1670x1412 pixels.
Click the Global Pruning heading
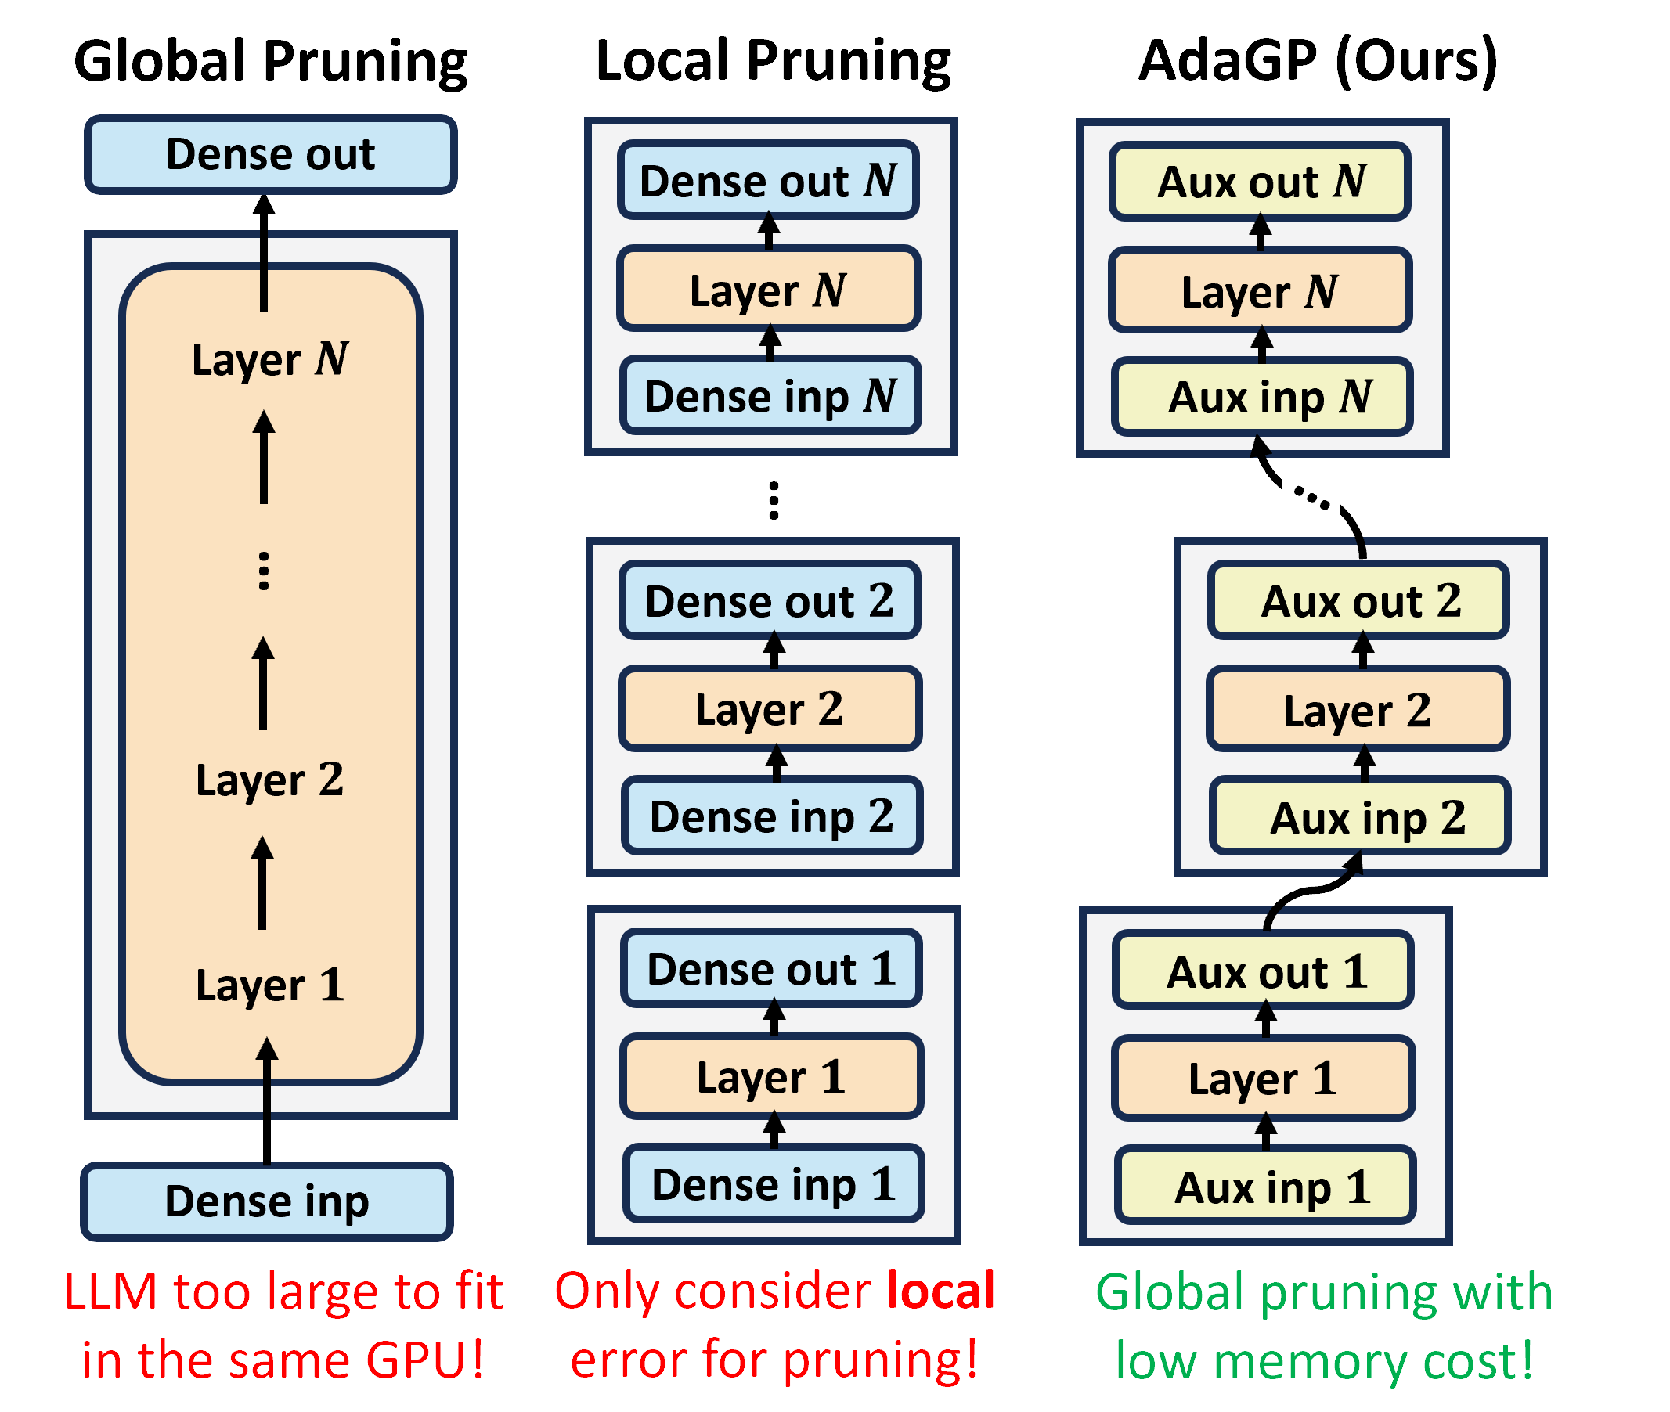(x=271, y=63)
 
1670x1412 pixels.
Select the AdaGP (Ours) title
(x=1317, y=63)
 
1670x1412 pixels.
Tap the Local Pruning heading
(x=773, y=63)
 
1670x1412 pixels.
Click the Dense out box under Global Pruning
(x=271, y=154)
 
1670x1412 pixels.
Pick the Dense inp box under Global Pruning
(x=267, y=1201)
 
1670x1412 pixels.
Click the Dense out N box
(x=768, y=181)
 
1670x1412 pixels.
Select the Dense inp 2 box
(x=772, y=816)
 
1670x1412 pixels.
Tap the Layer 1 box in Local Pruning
(x=772, y=1076)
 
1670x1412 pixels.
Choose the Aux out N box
(x=1259, y=182)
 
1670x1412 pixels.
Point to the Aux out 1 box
(x=1263, y=971)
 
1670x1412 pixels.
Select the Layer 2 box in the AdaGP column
(x=1358, y=709)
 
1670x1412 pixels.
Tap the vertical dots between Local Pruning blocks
(x=774, y=500)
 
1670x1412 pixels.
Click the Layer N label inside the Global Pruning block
(x=270, y=358)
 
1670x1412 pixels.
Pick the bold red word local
(x=940, y=1291)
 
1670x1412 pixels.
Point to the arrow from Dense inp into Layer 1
(x=267, y=1100)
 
